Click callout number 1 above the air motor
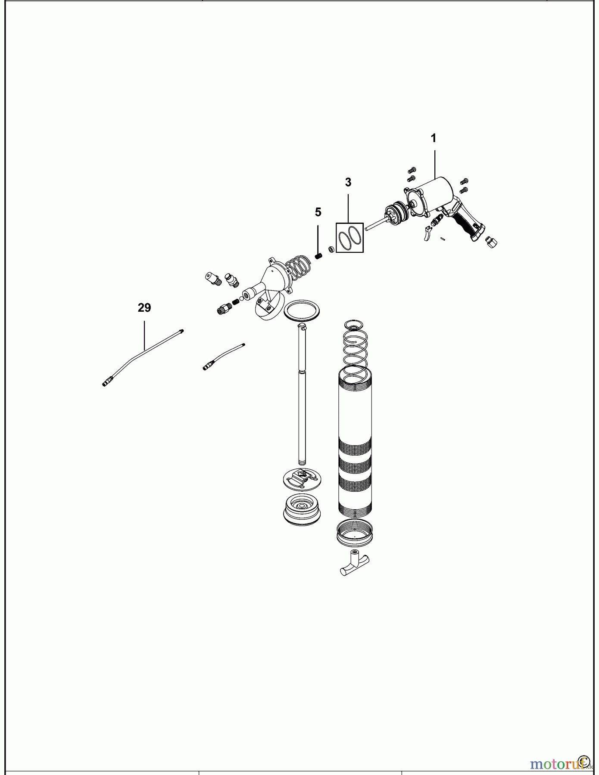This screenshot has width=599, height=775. coord(434,138)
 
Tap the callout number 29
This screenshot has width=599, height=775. coord(144,308)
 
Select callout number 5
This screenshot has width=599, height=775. coord(318,212)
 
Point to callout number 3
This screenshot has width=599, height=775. coord(348,182)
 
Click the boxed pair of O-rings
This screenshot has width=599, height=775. coord(349,237)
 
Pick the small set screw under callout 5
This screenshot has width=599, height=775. coord(318,256)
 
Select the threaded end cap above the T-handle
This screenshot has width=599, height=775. coord(354,532)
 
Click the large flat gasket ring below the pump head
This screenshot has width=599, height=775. coord(302,310)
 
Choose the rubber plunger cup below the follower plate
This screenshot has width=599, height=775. coord(302,511)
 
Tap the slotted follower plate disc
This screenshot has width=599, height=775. coord(303,479)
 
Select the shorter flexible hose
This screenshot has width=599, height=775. coord(224,356)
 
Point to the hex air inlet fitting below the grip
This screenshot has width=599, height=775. coord(491,242)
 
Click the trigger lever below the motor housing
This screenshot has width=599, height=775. coord(427,233)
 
